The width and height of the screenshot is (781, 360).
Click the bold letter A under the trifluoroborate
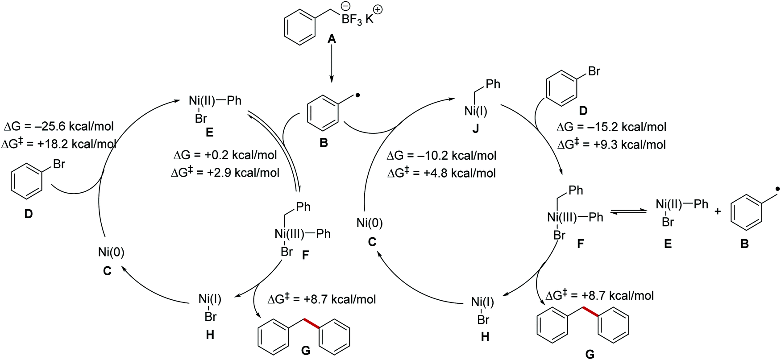(332, 40)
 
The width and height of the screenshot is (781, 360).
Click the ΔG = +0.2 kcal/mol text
(225, 155)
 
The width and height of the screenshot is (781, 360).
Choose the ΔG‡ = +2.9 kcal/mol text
(225, 173)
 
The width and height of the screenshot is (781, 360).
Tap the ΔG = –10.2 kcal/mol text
(441, 156)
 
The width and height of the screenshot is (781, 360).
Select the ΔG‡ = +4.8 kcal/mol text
(441, 173)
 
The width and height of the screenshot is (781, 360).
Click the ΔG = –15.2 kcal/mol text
(611, 127)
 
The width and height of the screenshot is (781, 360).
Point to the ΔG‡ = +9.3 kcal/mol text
(611, 145)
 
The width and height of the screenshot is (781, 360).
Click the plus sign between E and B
(718, 211)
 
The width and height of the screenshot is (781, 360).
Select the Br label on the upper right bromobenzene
(594, 71)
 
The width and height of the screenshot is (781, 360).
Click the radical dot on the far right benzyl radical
(777, 190)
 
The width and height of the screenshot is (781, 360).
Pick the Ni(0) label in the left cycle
(111, 252)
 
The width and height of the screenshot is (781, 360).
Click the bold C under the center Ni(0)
(372, 241)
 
